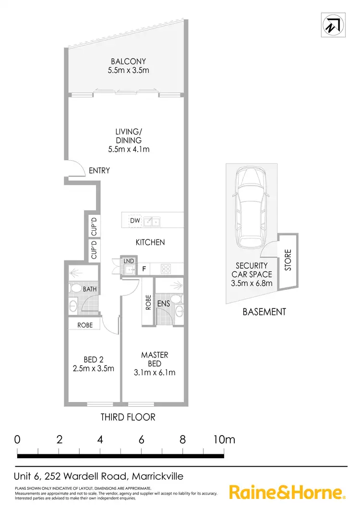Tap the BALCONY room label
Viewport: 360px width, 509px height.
click(x=128, y=61)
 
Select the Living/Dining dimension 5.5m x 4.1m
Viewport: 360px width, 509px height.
click(x=128, y=149)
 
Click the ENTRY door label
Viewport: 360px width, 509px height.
click(x=99, y=170)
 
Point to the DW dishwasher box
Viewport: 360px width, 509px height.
click(x=135, y=221)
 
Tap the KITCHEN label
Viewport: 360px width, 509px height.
click(x=150, y=242)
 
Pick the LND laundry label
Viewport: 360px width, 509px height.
click(x=128, y=261)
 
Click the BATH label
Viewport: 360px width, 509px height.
click(x=90, y=290)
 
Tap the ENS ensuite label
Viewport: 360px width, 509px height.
click(x=163, y=303)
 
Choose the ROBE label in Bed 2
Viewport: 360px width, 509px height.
click(x=84, y=325)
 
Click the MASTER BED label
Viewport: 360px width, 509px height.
click(x=155, y=359)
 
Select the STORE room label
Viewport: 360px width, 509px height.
click(x=288, y=260)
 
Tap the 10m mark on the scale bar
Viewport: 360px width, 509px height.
click(x=223, y=439)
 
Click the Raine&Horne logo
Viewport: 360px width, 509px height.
click(x=287, y=492)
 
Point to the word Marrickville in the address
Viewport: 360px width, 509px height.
click(x=156, y=476)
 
